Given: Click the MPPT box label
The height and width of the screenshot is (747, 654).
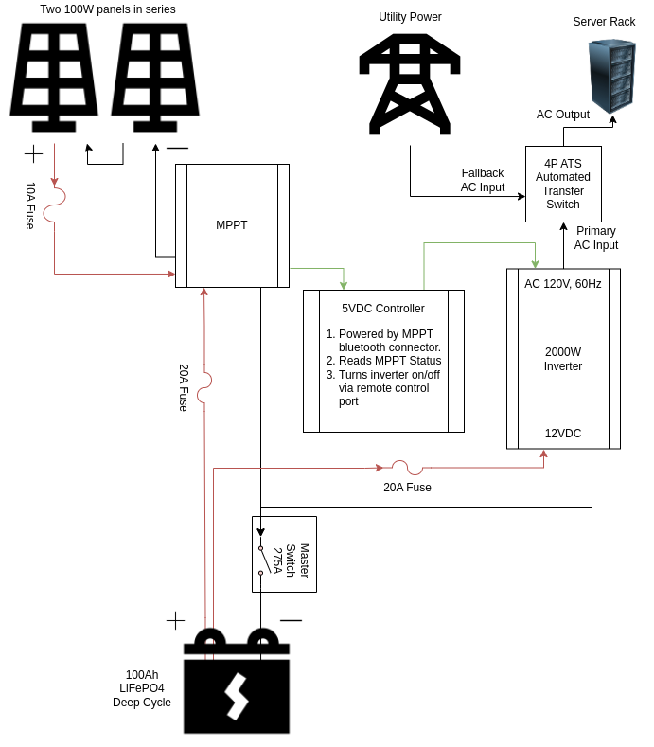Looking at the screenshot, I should tap(232, 225).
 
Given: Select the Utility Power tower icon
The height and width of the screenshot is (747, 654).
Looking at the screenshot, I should tap(410, 84).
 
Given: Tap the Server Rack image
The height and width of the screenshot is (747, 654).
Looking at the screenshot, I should tap(611, 76).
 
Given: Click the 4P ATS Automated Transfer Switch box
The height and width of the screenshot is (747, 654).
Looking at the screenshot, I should tap(563, 184).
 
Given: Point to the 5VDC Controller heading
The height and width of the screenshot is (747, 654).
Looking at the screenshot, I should tap(383, 309).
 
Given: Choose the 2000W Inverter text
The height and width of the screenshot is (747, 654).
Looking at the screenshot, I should tap(563, 359).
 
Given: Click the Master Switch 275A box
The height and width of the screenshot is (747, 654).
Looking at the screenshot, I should tap(284, 554).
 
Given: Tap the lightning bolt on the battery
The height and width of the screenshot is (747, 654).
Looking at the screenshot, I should tap(237, 696).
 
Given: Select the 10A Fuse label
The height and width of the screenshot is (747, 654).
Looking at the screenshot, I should tap(30, 205).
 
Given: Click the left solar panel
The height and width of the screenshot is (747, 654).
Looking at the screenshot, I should tap(54, 76).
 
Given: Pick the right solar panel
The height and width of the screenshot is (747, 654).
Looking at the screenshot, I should tap(155, 76).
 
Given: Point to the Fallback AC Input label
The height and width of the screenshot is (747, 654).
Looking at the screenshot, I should tap(483, 180).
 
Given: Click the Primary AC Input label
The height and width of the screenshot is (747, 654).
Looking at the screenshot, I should tap(596, 238).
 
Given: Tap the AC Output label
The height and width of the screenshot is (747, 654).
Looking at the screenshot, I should tap(563, 115).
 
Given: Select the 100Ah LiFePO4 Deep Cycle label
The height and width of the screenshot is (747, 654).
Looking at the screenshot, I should tap(142, 688).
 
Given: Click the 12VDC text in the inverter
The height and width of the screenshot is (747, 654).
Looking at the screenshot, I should tap(563, 434).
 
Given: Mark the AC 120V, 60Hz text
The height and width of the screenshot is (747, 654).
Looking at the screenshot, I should tap(563, 284).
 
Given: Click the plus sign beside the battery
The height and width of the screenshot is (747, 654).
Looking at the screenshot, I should tap(175, 620).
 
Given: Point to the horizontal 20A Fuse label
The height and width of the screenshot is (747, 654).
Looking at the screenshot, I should tap(407, 488).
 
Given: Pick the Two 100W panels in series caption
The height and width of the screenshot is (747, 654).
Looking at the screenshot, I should tap(108, 9).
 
